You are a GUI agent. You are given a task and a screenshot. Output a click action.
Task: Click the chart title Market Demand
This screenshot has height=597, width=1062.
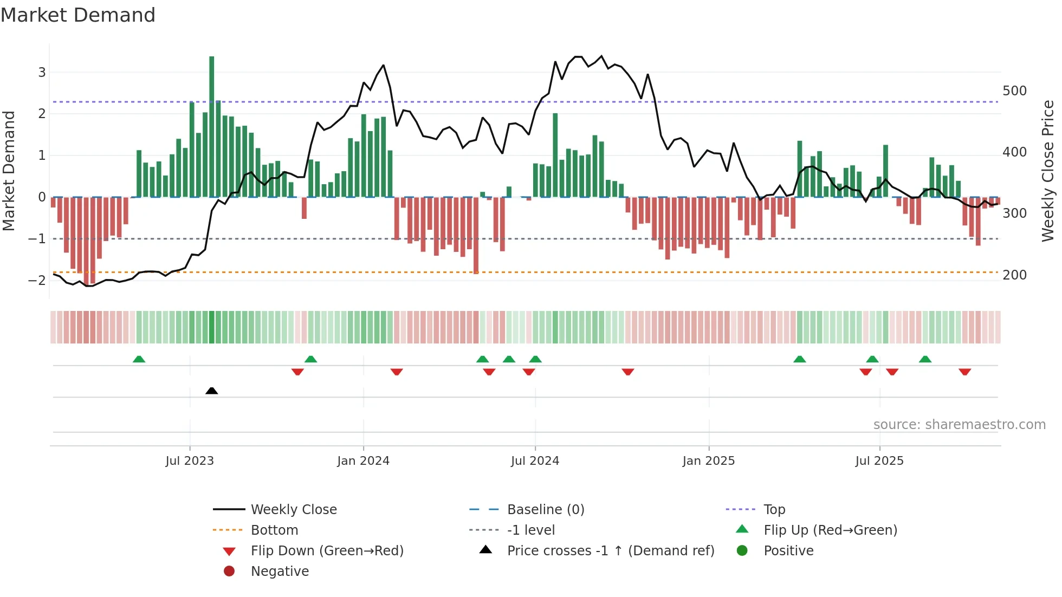click(x=78, y=15)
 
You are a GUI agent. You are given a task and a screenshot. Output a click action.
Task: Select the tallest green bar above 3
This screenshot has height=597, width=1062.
click(x=211, y=125)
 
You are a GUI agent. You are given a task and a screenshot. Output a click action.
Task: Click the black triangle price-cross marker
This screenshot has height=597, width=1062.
click(x=212, y=391)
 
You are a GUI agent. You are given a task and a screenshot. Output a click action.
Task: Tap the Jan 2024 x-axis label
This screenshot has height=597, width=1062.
click(x=363, y=461)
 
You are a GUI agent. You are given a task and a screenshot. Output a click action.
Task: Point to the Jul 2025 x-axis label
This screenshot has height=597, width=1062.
click(x=879, y=461)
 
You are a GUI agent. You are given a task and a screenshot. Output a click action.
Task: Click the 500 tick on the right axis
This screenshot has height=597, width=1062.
click(x=1014, y=90)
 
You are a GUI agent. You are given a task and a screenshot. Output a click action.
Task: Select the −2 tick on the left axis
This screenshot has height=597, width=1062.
click(x=37, y=280)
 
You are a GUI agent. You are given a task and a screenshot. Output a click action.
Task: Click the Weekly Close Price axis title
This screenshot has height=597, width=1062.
click(x=1048, y=171)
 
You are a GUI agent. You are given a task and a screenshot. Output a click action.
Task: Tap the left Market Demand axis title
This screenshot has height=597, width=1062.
click(x=9, y=171)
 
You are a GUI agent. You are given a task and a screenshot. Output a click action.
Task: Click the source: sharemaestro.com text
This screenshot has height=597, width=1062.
click(x=959, y=425)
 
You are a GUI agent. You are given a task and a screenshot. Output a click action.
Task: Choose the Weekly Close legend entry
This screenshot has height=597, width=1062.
click(x=293, y=510)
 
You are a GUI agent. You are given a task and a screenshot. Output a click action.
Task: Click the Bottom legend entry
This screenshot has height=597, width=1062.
click(x=274, y=530)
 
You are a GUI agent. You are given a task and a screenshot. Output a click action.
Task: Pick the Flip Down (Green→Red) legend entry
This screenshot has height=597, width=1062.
click(x=327, y=551)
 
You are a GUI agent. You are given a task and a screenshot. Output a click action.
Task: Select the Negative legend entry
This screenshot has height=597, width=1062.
click(x=280, y=572)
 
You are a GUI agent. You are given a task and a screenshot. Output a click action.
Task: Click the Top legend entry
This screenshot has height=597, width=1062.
click(x=774, y=510)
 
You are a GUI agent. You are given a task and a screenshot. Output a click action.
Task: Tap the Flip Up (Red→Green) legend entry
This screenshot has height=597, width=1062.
click(x=830, y=530)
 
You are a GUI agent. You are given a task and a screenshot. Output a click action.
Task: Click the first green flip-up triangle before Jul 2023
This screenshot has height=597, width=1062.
click(x=139, y=359)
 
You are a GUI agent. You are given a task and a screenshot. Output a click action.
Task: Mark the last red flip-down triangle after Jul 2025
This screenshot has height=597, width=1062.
click(x=964, y=372)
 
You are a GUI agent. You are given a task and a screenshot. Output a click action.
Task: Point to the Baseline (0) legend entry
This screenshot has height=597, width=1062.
click(x=545, y=510)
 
